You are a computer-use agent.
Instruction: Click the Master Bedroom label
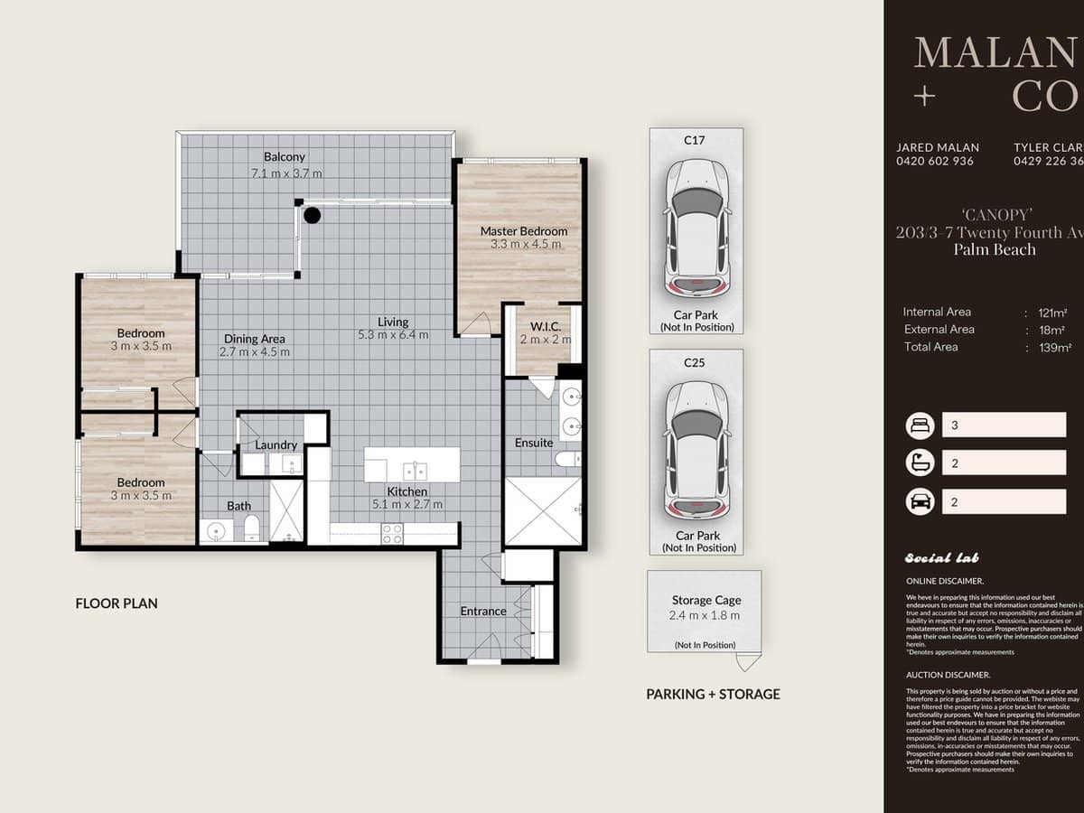(x=524, y=231)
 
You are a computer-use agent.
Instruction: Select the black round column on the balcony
(x=312, y=215)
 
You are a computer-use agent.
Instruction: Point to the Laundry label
(x=276, y=445)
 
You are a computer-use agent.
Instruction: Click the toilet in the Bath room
(x=252, y=528)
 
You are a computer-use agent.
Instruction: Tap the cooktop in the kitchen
(x=392, y=534)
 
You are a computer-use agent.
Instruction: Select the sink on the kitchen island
(x=415, y=471)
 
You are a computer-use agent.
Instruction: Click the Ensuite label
(x=533, y=443)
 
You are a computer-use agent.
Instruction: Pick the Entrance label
(x=483, y=612)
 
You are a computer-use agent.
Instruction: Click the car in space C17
(x=696, y=228)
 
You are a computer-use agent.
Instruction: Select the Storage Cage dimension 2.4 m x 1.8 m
(x=705, y=616)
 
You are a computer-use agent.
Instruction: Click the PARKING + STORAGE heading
(x=713, y=695)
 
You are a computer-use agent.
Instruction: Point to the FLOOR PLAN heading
(x=117, y=603)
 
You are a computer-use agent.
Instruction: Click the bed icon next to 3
(x=920, y=425)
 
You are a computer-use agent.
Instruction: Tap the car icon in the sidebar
(x=920, y=501)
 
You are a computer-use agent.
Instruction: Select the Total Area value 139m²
(x=1054, y=347)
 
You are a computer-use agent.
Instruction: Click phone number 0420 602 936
(x=934, y=162)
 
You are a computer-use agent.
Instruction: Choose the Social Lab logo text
(x=941, y=558)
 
